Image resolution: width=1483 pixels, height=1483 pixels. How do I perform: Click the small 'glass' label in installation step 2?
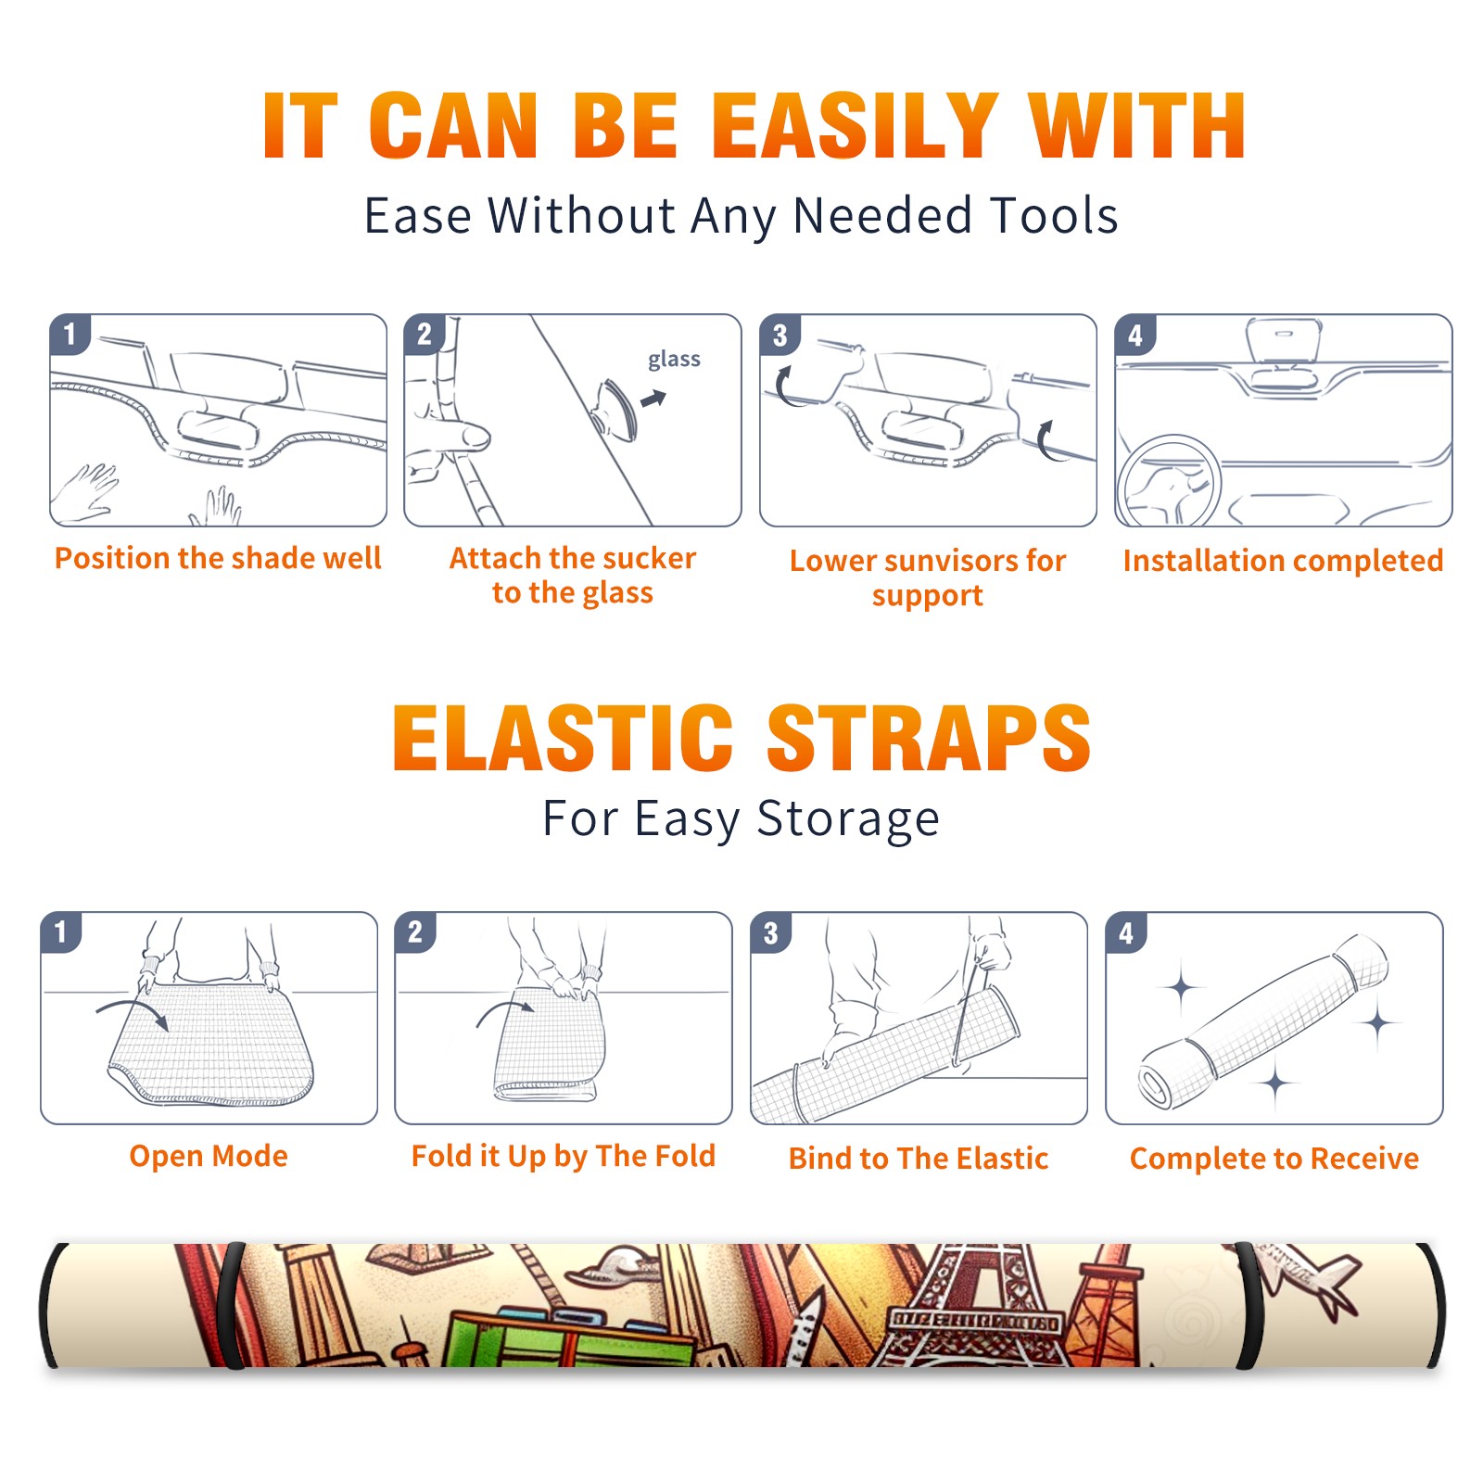(x=674, y=360)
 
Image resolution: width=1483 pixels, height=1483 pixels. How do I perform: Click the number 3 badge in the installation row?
(x=780, y=335)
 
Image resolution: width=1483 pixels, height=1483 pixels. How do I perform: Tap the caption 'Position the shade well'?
(x=218, y=558)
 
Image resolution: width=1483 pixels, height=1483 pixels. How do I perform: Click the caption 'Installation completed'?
(x=1283, y=561)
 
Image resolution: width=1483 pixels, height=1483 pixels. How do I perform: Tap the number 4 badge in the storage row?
(x=1126, y=932)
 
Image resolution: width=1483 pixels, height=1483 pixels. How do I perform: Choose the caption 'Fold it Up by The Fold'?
(x=564, y=1156)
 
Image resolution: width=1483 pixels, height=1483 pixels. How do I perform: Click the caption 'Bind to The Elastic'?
(x=919, y=1159)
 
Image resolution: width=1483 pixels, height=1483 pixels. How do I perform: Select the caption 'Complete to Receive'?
(x=1274, y=1159)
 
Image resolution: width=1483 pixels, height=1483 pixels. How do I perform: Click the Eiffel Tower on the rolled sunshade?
(x=973, y=1307)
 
